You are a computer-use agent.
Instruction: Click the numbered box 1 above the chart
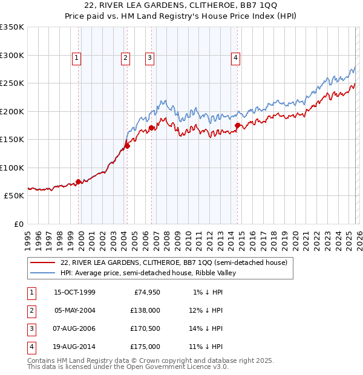(77, 58)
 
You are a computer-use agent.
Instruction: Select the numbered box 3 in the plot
(149, 58)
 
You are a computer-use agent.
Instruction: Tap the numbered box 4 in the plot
(235, 58)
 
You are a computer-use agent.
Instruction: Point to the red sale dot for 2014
(238, 126)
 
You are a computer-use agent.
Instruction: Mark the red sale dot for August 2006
(152, 128)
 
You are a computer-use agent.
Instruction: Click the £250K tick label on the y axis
(12, 83)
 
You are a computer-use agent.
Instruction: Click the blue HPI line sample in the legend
(44, 273)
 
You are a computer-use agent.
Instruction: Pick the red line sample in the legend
(44, 262)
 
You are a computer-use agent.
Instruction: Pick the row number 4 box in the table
(31, 347)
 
